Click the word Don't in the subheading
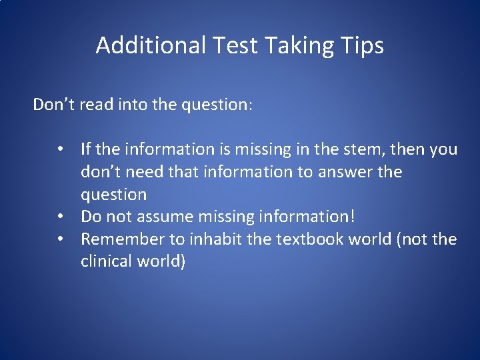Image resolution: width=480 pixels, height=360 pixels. coord(54,105)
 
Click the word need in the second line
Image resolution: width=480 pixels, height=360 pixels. coord(141,171)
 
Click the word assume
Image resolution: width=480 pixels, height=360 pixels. coord(169,216)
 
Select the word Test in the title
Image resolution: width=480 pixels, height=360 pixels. coord(237,45)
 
